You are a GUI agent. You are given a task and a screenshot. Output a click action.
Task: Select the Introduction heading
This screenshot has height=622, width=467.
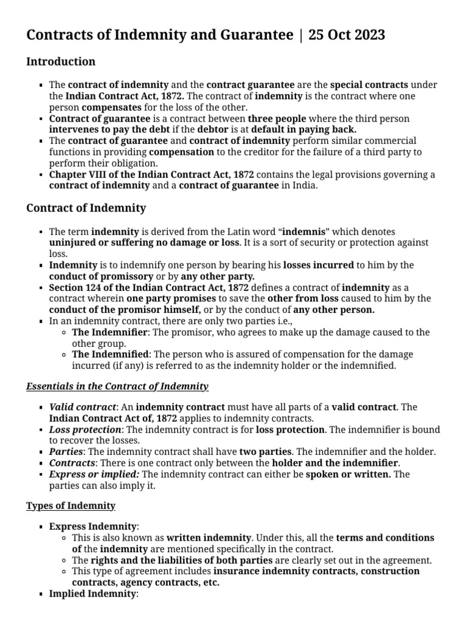(61, 62)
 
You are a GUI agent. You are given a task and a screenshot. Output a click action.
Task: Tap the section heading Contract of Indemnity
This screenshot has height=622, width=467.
(86, 208)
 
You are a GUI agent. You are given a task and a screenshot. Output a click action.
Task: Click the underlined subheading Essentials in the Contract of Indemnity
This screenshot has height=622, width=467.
(117, 386)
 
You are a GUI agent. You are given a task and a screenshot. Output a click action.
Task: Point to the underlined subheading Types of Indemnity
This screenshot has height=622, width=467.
(71, 505)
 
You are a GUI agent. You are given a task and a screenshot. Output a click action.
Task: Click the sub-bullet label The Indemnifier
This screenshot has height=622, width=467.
(109, 332)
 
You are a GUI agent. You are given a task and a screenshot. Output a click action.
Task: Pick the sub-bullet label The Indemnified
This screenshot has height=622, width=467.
(110, 354)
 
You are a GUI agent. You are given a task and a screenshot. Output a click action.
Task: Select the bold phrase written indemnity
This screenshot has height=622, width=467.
(209, 538)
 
